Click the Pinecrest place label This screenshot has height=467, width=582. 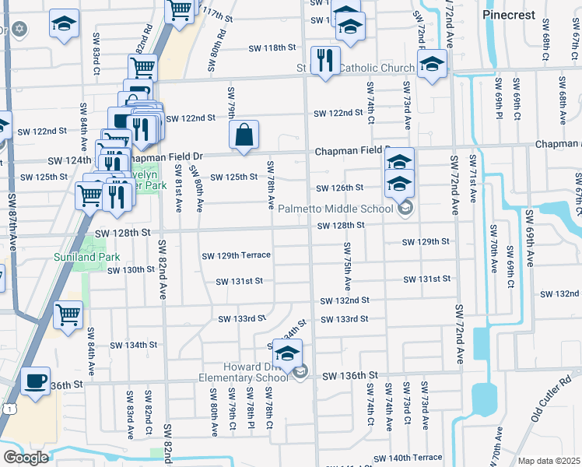pos(508,15)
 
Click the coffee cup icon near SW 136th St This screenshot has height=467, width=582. pos(34,381)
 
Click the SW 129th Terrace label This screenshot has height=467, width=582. pos(236,255)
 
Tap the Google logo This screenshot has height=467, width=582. pos(26,458)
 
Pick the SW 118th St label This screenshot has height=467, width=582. pos(273,48)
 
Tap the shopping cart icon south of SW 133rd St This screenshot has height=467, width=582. pos(68,315)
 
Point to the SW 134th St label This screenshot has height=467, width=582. pos(133,345)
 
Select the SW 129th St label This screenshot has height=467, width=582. pos(426,242)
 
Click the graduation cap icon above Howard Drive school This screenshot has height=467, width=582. pos(287,353)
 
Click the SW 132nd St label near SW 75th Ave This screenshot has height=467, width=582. pos(344,300)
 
